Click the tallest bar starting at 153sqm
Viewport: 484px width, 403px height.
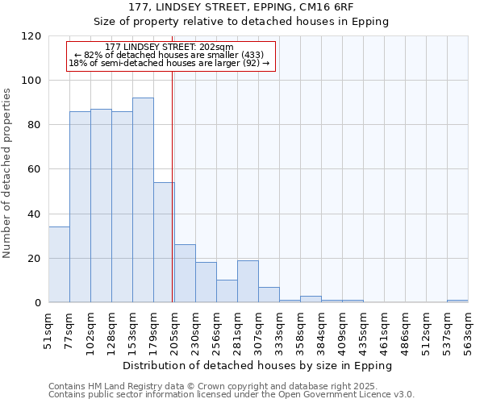click(143, 200)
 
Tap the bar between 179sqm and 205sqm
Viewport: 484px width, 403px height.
click(164, 242)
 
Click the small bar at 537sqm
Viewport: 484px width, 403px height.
click(457, 301)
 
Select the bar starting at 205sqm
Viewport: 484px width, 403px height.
click(185, 273)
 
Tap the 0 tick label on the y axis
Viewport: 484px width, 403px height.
click(38, 303)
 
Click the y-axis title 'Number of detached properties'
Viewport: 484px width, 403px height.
click(7, 173)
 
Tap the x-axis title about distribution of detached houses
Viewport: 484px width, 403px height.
click(257, 365)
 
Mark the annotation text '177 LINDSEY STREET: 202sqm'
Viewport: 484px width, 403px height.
click(169, 47)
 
